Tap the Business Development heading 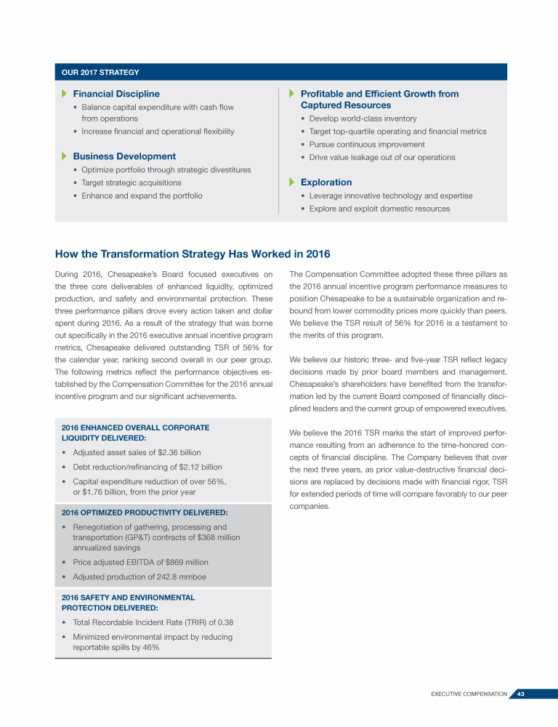[124, 156]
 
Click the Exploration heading [326, 182]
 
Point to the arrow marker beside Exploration [292, 182]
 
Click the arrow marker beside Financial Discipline [64, 94]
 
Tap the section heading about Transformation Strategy [193, 254]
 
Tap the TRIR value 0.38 [222, 622]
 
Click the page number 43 [521, 694]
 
